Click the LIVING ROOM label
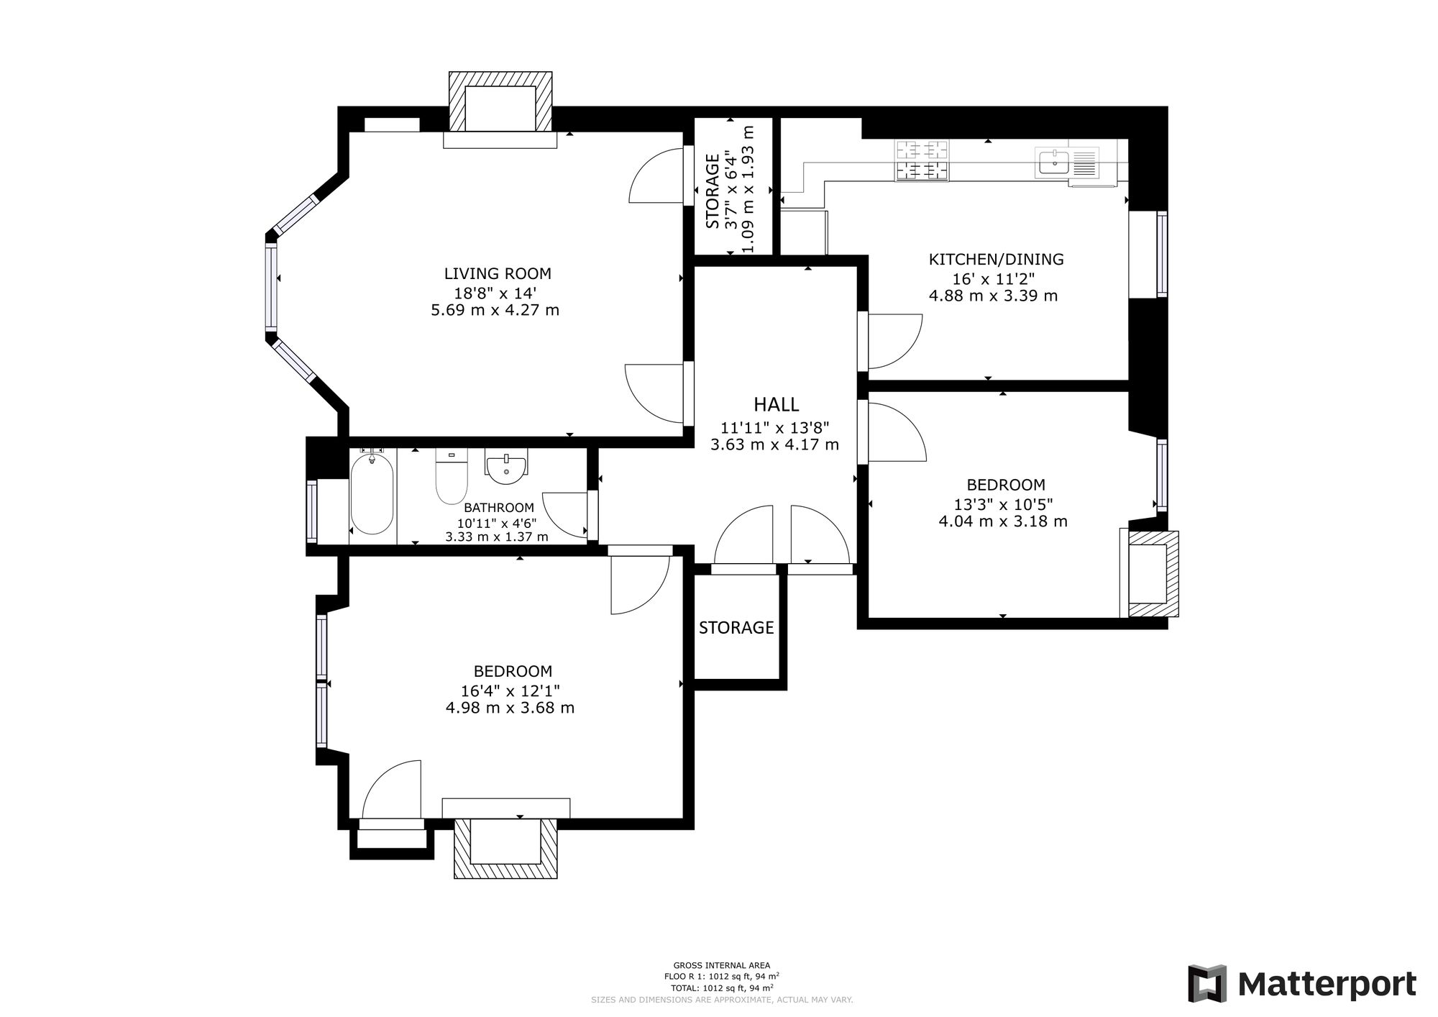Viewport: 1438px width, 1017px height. [x=498, y=273]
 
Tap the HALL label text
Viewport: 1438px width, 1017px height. [x=776, y=405]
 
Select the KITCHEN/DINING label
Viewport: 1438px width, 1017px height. [x=996, y=260]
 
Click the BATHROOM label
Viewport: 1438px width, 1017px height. [x=499, y=508]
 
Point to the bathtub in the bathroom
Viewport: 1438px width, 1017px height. [x=372, y=493]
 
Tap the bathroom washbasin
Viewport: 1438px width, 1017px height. [x=507, y=465]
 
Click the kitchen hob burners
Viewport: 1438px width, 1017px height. [x=922, y=160]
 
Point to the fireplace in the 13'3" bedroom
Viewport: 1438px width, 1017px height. [x=1149, y=573]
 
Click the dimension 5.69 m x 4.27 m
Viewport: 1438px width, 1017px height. [x=495, y=311]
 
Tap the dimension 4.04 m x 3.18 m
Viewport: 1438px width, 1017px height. [x=1003, y=521]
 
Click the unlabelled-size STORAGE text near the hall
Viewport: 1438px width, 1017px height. [x=736, y=628]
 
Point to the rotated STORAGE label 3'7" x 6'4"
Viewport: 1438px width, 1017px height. [x=713, y=191]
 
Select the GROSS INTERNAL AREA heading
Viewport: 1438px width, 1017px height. [x=721, y=965]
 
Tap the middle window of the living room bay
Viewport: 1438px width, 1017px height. [x=271, y=287]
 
